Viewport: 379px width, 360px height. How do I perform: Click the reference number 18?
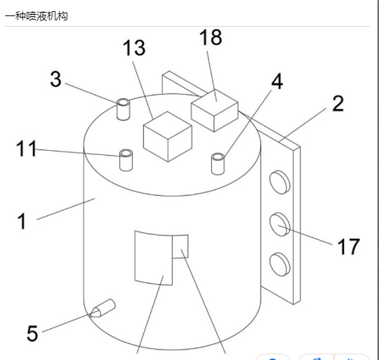click(211, 37)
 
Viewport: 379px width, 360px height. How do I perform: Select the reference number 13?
click(134, 48)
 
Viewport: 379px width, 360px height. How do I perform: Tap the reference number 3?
click(55, 79)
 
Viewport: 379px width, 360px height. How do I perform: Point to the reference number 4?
click(277, 81)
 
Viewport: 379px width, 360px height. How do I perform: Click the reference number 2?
click(338, 103)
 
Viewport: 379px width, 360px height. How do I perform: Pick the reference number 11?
click(26, 148)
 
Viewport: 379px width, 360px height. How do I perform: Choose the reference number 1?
click(22, 221)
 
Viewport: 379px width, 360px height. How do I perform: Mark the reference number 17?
click(348, 246)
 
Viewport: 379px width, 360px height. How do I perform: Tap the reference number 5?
click(32, 333)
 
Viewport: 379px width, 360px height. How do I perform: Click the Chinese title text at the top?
click(36, 16)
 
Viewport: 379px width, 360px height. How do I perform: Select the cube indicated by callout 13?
click(168, 136)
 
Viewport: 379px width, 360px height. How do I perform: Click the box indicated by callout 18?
click(215, 110)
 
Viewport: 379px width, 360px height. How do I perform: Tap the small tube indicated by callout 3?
click(124, 109)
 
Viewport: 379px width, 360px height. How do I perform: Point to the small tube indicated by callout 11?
click(126, 160)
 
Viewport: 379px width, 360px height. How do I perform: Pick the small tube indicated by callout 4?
click(218, 164)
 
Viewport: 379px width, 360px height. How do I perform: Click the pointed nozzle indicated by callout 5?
click(102, 308)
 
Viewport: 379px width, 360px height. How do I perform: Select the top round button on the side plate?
click(280, 182)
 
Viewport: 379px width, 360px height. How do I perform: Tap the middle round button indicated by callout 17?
click(280, 225)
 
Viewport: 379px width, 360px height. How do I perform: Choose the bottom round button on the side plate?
click(280, 265)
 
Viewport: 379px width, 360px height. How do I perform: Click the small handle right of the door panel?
click(180, 246)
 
